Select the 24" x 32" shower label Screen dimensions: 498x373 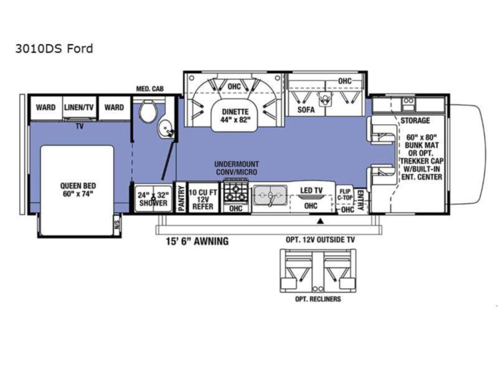(x=153, y=199)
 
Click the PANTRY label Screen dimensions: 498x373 (x=181, y=198)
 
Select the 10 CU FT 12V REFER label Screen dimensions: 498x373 (x=203, y=200)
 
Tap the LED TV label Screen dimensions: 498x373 (x=311, y=190)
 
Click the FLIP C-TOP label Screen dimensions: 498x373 (x=345, y=194)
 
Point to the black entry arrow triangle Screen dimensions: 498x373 (x=320, y=221)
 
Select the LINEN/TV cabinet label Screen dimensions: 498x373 (x=79, y=107)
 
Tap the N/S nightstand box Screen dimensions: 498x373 (x=117, y=225)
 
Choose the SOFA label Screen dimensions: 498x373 (x=306, y=110)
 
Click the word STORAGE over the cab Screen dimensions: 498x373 (x=415, y=120)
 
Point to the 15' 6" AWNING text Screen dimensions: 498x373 (x=197, y=241)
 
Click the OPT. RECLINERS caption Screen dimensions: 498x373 (x=318, y=299)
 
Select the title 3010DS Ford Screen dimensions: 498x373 (x=54, y=49)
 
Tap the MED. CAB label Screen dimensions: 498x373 (x=150, y=89)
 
